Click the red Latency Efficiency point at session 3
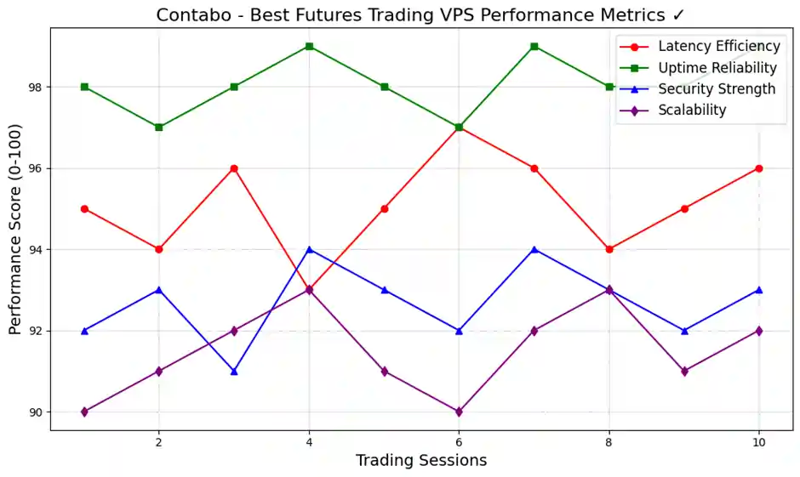234,168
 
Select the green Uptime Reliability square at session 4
309,46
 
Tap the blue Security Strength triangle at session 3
234,372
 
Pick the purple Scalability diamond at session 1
84,412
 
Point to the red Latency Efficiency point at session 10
759,168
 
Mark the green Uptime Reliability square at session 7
534,46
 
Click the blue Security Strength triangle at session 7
534,249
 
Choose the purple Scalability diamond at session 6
460,412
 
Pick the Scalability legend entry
692,110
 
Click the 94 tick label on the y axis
37,250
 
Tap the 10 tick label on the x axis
759,442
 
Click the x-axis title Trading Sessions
421,461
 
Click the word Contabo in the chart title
189,15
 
